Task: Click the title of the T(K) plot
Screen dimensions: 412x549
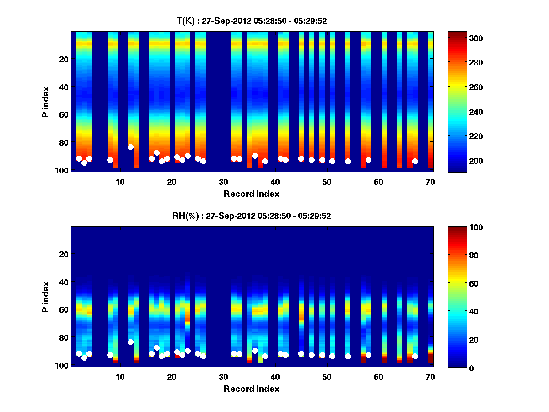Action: [252, 21]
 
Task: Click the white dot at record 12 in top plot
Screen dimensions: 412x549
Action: [130, 147]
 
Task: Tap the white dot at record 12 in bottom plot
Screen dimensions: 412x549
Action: [130, 342]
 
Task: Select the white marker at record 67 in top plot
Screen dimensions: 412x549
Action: [415, 161]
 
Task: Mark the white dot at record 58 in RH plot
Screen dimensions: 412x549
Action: [368, 355]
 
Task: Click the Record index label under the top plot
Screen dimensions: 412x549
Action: [251, 194]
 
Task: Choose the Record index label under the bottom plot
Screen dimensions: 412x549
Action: [251, 389]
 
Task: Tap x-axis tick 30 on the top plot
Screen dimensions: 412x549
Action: [223, 182]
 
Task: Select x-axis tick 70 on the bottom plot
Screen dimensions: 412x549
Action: [430, 377]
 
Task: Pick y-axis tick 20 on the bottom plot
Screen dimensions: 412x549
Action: [64, 254]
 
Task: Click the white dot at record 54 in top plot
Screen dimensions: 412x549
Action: [348, 161]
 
